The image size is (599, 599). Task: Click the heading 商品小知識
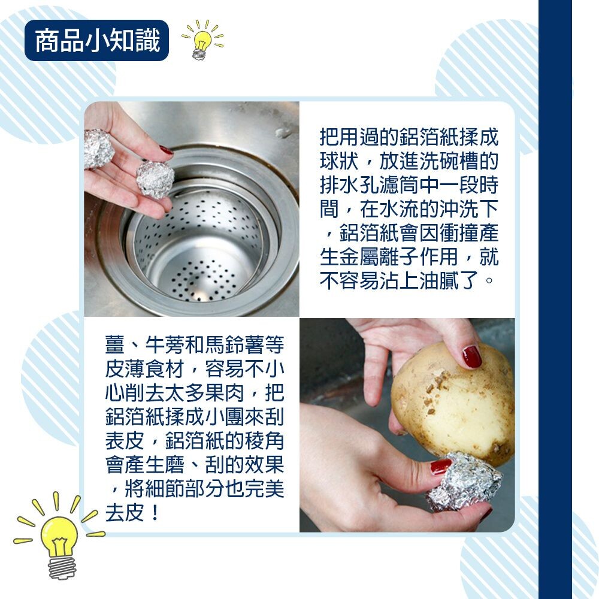97,41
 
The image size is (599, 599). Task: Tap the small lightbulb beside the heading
202,40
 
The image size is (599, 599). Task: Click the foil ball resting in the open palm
99,148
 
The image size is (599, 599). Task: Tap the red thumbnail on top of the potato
472,356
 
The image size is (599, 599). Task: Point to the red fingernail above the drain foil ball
167,150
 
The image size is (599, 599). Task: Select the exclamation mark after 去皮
155,513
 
